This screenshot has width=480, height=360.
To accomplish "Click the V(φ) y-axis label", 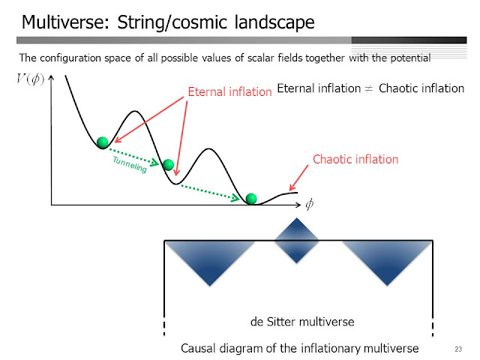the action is (30, 79).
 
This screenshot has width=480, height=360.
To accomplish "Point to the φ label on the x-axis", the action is (310, 204).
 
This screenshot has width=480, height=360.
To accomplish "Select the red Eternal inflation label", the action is (230, 91).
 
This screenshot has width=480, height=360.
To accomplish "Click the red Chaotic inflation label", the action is (355, 159).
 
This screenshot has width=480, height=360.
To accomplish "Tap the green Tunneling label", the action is (130, 164).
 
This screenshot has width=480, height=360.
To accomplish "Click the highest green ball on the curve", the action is (103, 142).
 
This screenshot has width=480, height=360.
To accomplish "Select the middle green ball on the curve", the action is (168, 165).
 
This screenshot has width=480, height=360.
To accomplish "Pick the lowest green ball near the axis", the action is (251, 199).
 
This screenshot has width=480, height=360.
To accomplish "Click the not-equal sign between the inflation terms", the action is (370, 88).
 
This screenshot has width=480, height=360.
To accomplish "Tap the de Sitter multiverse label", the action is (302, 322).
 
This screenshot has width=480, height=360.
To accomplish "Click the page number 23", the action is (458, 349).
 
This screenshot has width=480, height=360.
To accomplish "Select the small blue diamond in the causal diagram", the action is (296, 240).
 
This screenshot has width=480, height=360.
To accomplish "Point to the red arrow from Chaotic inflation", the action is (298, 178).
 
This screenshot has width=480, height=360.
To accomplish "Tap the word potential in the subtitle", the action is (410, 58).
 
